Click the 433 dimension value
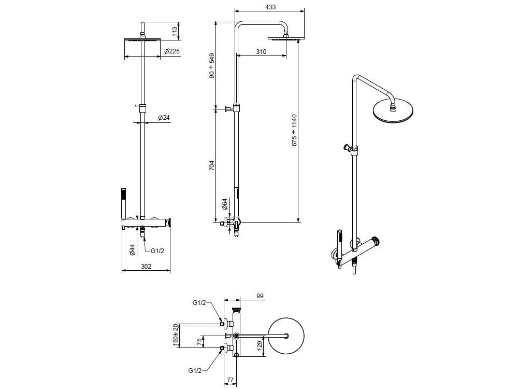270,7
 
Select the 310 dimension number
261,51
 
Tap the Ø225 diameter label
172,51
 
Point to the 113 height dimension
175,31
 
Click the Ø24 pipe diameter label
164,117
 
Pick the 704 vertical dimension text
212,165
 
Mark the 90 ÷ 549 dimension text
212,65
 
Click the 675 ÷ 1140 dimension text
294,130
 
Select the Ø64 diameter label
225,204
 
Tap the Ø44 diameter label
132,250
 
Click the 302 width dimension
146,266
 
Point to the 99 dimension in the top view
260,296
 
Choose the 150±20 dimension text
176,335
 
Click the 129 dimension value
260,346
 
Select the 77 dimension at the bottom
231,380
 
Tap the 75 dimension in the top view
199,341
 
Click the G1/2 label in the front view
157,251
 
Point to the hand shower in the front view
123,204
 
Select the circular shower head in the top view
286,336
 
